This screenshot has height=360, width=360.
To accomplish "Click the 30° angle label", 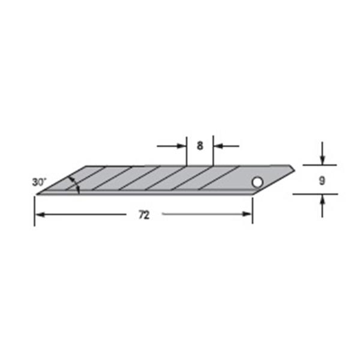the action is pyautogui.click(x=39, y=182).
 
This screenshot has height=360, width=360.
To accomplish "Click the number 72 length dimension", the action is pyautogui.click(x=144, y=215).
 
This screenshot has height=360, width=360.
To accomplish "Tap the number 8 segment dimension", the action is pyautogui.click(x=200, y=146).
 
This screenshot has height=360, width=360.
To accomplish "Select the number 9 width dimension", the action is pyautogui.click(x=322, y=181).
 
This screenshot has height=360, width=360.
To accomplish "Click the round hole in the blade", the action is pyautogui.click(x=257, y=182).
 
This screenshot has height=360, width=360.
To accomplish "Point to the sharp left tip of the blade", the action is pyautogui.click(x=36, y=195).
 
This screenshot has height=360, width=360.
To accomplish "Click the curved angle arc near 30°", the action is pyautogui.click(x=76, y=185).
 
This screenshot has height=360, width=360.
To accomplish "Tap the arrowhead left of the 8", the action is pyautogui.click(x=181, y=146).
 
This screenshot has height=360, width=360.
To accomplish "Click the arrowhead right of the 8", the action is pyautogui.click(x=218, y=146).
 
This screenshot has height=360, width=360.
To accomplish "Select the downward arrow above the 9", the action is pyautogui.click(x=323, y=153).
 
